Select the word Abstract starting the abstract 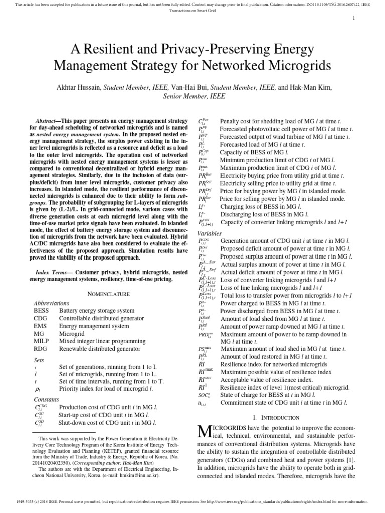pyautogui.click(x=47, y=122)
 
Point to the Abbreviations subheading pyautogui.click(x=51, y=303)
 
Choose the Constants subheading pyautogui.click(x=46, y=399)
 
